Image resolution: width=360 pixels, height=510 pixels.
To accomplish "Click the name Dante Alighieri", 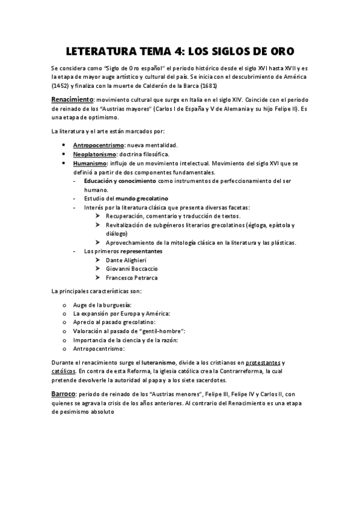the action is (x=130, y=259).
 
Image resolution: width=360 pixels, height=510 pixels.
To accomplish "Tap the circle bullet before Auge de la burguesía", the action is (x=64, y=305).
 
